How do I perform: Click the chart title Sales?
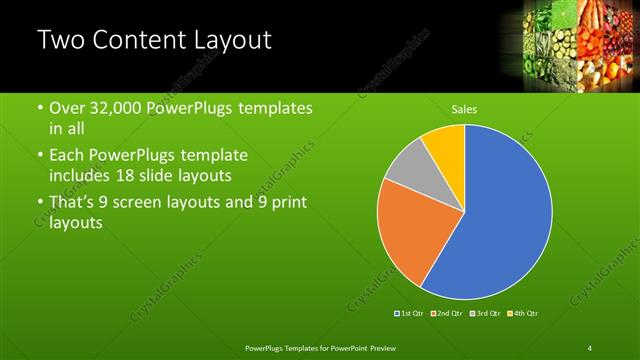(x=464, y=108)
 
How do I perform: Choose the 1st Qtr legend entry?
(x=410, y=314)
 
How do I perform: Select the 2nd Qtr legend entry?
(x=446, y=314)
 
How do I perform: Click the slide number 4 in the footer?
(x=590, y=347)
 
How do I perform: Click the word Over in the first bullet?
(x=68, y=108)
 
